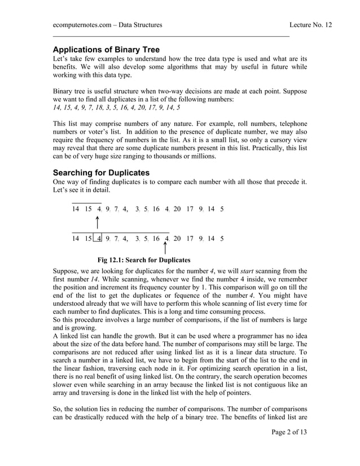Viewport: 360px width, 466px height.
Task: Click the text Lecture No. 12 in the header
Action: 310,25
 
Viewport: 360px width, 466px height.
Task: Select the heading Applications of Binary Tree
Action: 106,50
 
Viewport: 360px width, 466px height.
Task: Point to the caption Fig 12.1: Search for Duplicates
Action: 144,260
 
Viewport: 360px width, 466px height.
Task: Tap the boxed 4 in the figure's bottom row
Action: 99,239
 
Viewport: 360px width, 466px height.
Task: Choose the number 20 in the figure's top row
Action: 177,209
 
